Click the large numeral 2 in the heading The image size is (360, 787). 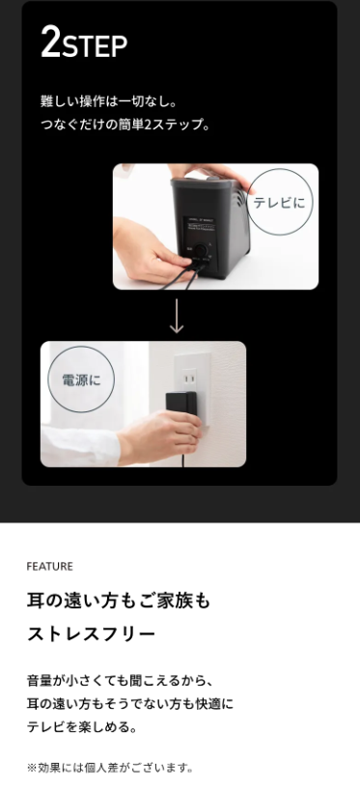(x=50, y=42)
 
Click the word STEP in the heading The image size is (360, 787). (x=95, y=46)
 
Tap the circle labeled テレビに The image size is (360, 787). (x=279, y=202)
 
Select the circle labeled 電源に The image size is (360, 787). (x=81, y=379)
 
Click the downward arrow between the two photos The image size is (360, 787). (x=177, y=316)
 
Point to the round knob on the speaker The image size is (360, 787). (x=202, y=250)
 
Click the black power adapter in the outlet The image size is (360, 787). (x=181, y=405)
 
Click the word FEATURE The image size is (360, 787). (x=49, y=567)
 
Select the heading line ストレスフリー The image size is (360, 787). (x=92, y=634)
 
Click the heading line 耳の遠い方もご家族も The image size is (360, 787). (x=119, y=601)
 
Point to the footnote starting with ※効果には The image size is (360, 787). (x=110, y=768)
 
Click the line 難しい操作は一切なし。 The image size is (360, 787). (x=109, y=102)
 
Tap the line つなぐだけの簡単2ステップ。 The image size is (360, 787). (x=125, y=125)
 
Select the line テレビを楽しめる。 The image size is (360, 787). (x=82, y=726)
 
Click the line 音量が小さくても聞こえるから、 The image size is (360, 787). (x=121, y=681)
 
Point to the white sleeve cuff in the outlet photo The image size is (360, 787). (x=80, y=446)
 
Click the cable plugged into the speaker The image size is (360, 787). (x=183, y=277)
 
